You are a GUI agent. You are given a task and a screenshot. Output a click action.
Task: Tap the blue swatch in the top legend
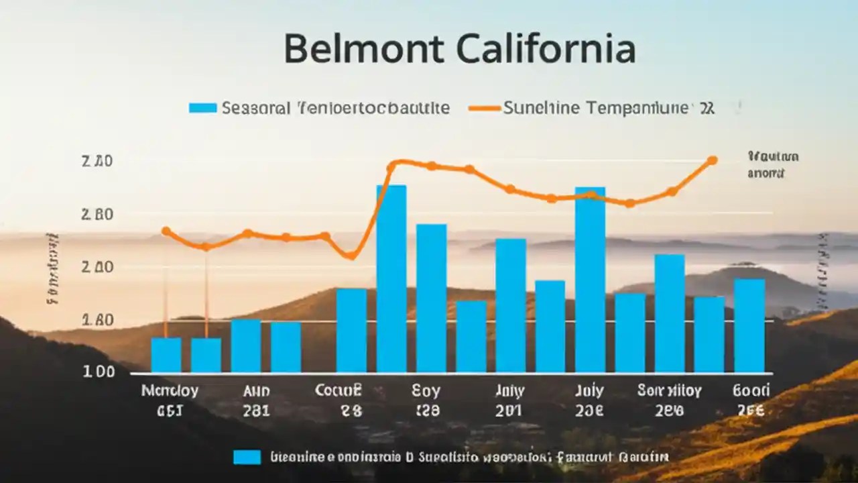[x=202, y=107]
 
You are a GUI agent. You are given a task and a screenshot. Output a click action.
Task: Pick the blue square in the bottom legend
[x=247, y=457]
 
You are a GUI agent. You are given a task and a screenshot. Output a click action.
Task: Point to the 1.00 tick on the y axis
[x=99, y=372]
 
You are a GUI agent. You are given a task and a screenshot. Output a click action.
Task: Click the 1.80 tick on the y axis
[x=97, y=320]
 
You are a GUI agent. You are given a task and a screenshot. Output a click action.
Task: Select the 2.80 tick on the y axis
[x=97, y=215]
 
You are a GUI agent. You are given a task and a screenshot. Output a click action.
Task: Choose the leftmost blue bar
[x=166, y=355]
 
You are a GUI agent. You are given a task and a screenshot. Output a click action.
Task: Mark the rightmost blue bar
[x=749, y=325]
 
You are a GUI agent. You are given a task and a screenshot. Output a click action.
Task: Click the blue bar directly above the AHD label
[x=246, y=345]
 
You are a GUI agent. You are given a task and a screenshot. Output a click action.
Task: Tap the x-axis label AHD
[x=254, y=390]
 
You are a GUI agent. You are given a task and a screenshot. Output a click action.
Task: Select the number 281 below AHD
[x=255, y=411]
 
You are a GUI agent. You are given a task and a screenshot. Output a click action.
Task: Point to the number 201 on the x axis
[x=509, y=411]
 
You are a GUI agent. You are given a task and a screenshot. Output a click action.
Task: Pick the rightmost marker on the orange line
[x=712, y=160]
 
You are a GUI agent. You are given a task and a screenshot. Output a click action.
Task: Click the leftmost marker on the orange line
[x=166, y=231]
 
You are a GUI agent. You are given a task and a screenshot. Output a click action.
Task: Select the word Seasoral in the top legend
[x=256, y=107]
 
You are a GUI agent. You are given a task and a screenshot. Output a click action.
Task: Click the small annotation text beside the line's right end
[x=772, y=165]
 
